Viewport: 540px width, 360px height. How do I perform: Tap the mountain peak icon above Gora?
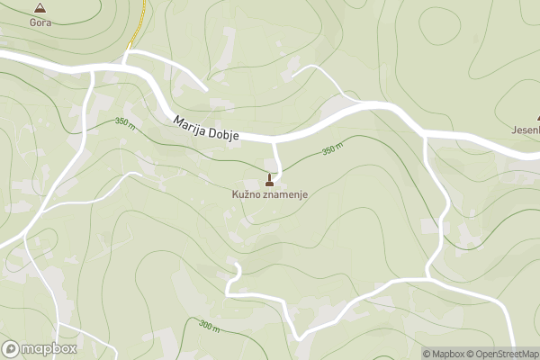pyautogui.click(x=40, y=7)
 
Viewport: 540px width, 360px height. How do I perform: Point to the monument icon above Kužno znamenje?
pyautogui.click(x=270, y=178)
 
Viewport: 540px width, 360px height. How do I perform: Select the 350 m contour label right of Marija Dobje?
pyautogui.click(x=332, y=148)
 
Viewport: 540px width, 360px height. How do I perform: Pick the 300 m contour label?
pyautogui.click(x=208, y=327)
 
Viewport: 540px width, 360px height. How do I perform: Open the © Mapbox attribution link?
pyautogui.click(x=447, y=354)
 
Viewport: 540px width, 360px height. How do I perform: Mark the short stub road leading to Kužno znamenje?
pyautogui.click(x=276, y=157)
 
